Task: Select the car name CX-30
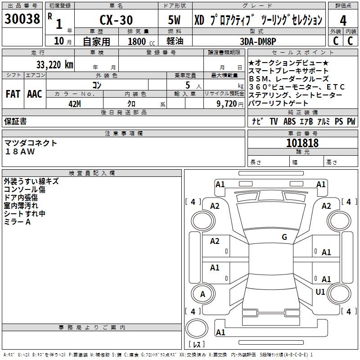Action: (116, 20)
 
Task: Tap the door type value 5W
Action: (175, 20)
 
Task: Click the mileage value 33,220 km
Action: (54, 65)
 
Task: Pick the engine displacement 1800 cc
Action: (139, 41)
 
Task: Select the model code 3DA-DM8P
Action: (258, 41)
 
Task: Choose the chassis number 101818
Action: (302, 143)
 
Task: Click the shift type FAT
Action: (13, 94)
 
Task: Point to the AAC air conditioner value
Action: (35, 94)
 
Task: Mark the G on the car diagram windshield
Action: (284, 237)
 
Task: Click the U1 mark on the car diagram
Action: (320, 292)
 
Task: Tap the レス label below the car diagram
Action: (197, 345)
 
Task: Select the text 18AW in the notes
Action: (20, 152)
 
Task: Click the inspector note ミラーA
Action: (17, 222)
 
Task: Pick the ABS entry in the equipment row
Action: (289, 121)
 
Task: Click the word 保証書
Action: (15, 121)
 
